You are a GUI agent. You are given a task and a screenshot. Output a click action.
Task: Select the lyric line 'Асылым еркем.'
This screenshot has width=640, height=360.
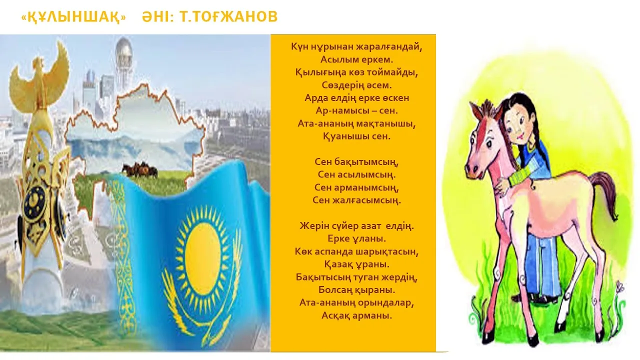[x=356, y=59]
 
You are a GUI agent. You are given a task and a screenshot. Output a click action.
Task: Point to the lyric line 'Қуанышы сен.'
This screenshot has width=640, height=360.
[x=356, y=135]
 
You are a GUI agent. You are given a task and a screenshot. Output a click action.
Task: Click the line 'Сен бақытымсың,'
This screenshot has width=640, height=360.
[x=357, y=162]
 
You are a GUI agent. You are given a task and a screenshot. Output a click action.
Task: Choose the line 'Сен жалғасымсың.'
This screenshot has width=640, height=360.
[x=357, y=200]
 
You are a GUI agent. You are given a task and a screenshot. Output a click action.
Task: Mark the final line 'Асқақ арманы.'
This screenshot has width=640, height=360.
[x=356, y=315]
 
